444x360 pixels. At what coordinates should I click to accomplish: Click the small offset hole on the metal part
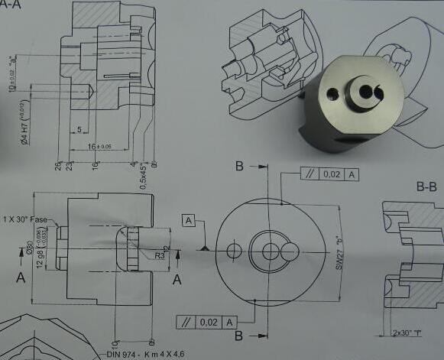pyautogui.click(x=330, y=95)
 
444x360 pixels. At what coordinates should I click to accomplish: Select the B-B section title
pyautogui.click(x=426, y=186)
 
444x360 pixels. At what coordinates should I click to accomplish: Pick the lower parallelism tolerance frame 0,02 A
pyautogui.click(x=206, y=322)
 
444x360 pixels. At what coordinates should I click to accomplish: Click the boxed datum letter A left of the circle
pyautogui.click(x=190, y=220)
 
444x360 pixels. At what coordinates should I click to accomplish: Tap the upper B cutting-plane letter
pyautogui.click(x=240, y=167)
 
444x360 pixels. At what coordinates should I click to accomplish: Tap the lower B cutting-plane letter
pyautogui.click(x=239, y=335)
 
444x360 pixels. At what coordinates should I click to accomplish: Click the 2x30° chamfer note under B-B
pyautogui.click(x=406, y=333)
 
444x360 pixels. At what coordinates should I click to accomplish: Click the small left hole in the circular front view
pyautogui.click(x=234, y=250)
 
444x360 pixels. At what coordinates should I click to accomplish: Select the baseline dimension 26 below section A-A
pyautogui.click(x=58, y=164)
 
